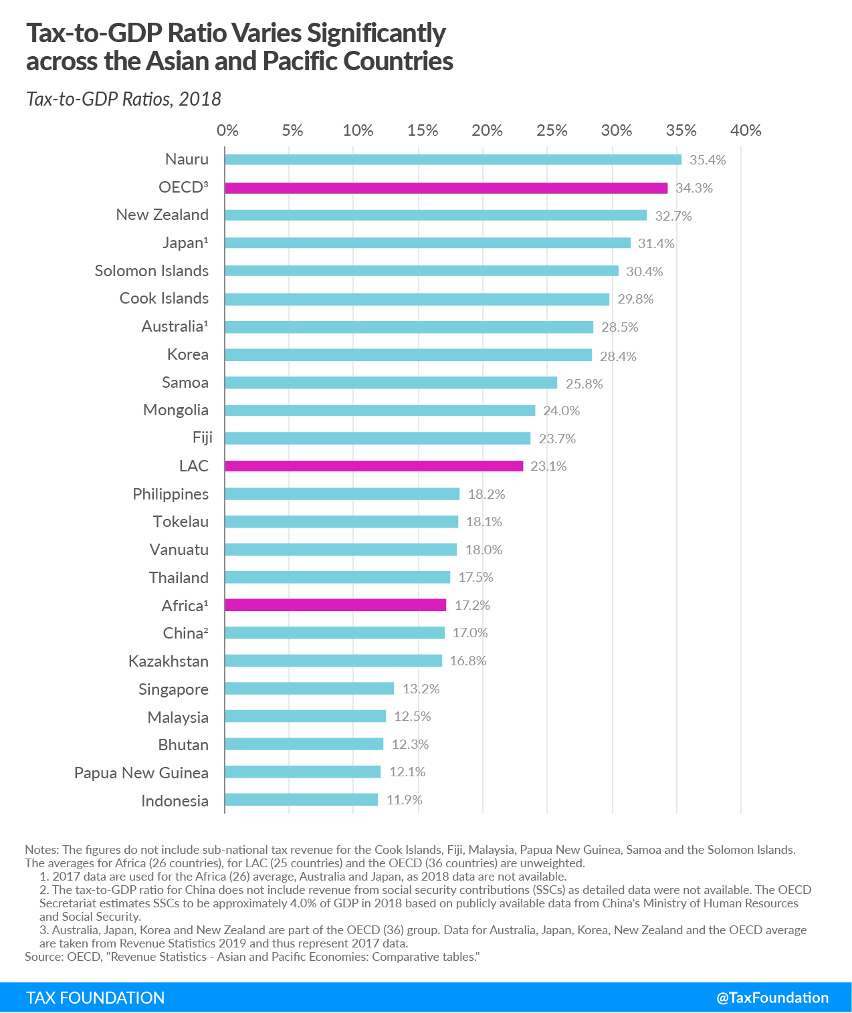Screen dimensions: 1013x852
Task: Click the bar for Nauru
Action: pos(453,160)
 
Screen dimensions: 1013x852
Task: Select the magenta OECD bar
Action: pos(446,188)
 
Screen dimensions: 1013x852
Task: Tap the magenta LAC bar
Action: pos(374,466)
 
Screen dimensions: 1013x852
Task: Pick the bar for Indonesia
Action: pos(301,800)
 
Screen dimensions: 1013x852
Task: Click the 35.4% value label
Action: pos(708,160)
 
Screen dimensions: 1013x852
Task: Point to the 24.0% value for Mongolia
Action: pos(561,411)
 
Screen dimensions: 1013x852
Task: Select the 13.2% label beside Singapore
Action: pos(421,689)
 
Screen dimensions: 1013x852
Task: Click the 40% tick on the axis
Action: pos(746,130)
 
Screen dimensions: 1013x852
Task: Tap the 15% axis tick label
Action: pos(423,130)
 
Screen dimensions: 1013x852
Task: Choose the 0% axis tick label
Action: pos(227,130)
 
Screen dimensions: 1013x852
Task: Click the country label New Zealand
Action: pos(163,215)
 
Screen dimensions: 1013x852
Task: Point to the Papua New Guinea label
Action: pos(141,773)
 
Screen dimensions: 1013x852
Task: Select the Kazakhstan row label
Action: pos(169,661)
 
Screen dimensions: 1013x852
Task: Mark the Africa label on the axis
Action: pos(185,606)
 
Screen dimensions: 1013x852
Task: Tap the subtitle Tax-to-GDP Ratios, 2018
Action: pos(124,99)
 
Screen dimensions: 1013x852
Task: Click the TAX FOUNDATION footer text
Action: pos(96,998)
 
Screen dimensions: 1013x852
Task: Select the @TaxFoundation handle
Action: pos(772,998)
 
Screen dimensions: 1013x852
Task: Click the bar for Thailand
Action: pos(337,577)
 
